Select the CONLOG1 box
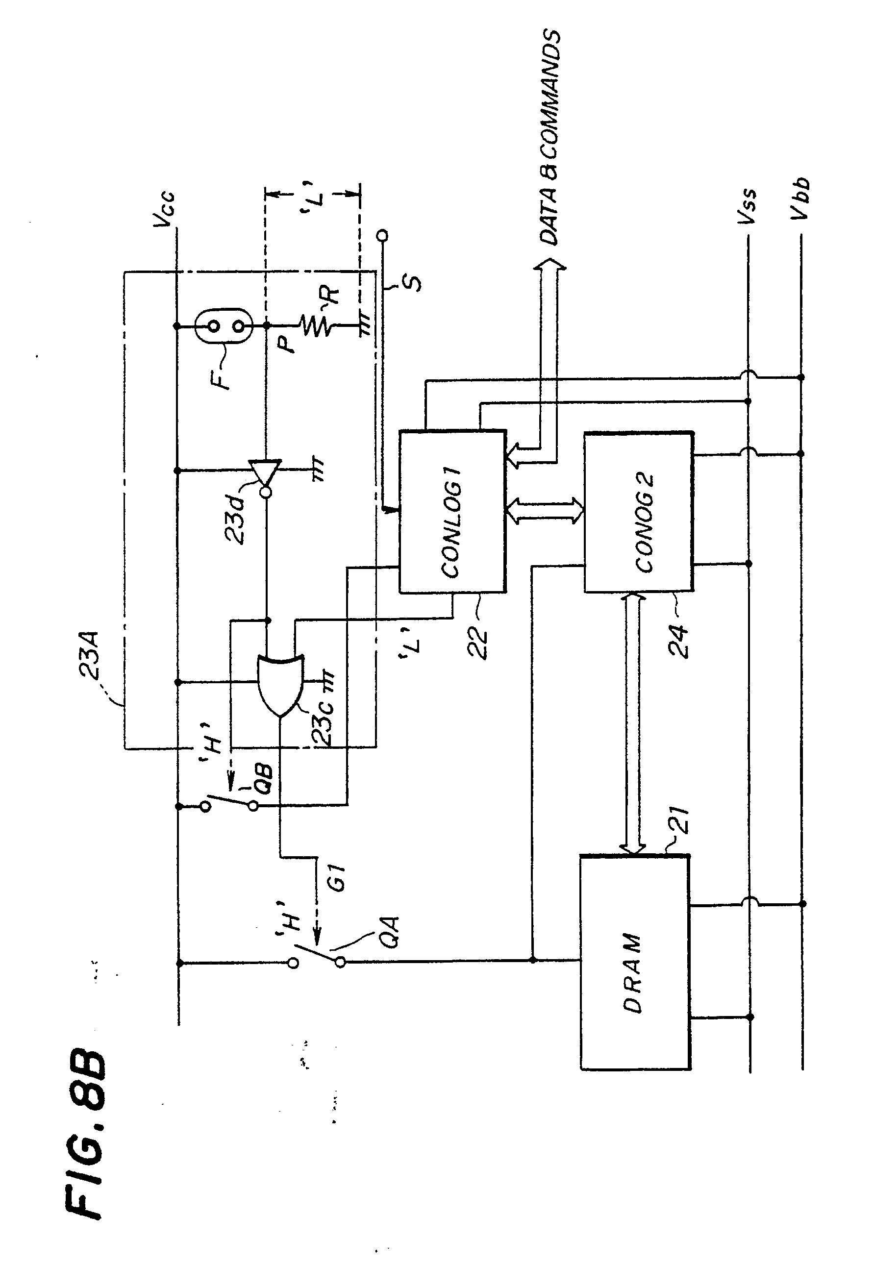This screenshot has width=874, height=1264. tap(452, 511)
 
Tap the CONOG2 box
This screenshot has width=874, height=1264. tap(639, 512)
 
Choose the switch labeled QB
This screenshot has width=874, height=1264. tap(229, 805)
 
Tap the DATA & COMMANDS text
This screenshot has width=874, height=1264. tap(550, 137)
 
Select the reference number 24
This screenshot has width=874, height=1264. tap(678, 641)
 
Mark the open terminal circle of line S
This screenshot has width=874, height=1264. tap(383, 236)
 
